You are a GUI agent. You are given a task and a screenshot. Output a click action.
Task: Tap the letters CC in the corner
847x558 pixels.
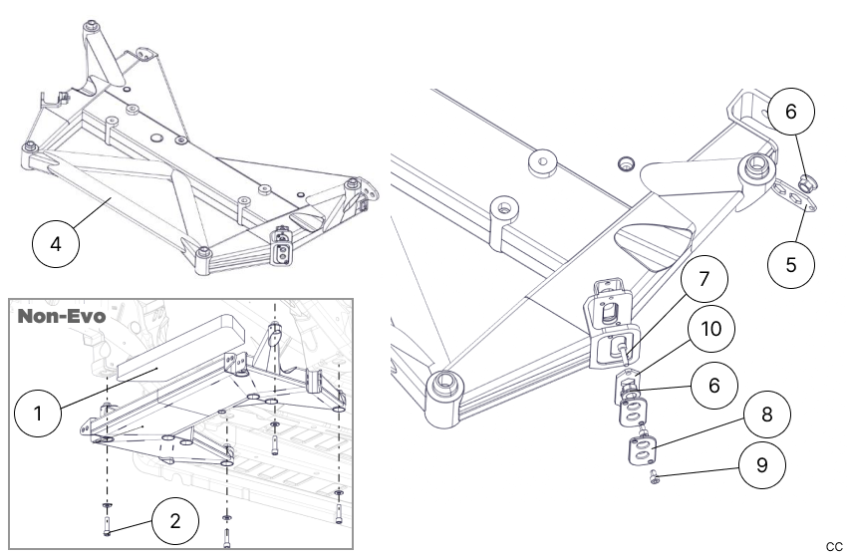pos(834,546)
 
